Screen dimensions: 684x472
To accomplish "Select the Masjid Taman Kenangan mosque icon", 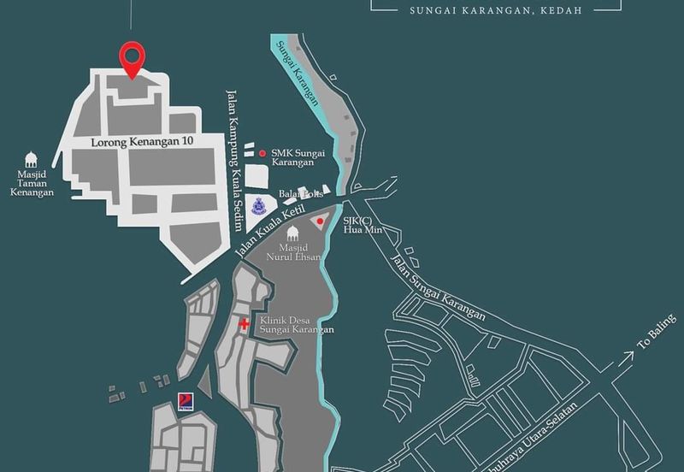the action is coord(32,159).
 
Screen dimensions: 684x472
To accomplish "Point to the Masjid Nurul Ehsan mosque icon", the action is coord(292,233).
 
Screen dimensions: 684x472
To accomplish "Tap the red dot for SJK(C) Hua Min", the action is coord(320,221).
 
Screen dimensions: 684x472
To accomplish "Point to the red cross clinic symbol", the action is coord(245,325).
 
